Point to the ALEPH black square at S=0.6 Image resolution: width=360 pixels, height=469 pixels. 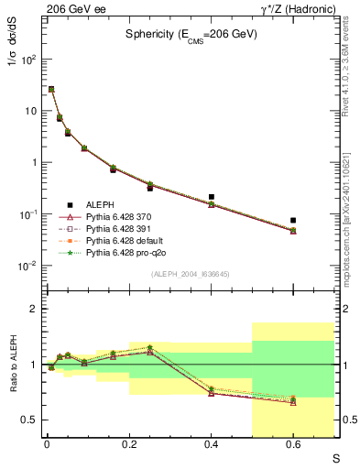pyautogui.click(x=293, y=221)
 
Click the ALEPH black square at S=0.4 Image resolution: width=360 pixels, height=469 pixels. pyautogui.click(x=211, y=197)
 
